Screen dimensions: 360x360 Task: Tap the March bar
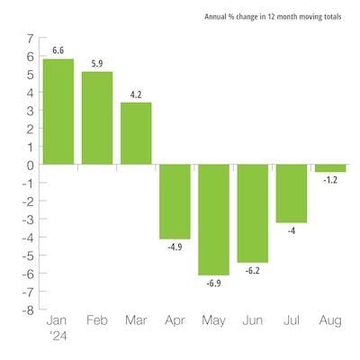(x=136, y=133)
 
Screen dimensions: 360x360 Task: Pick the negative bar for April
(x=175, y=202)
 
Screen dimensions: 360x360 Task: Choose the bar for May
(x=213, y=220)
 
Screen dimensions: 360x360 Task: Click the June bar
(x=252, y=213)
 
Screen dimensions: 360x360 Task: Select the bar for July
(x=291, y=193)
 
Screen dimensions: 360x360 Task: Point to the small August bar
(x=329, y=168)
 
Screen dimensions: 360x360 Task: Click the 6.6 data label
(x=58, y=50)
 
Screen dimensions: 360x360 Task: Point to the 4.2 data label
(x=136, y=94)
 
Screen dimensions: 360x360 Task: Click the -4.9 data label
(x=175, y=247)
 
